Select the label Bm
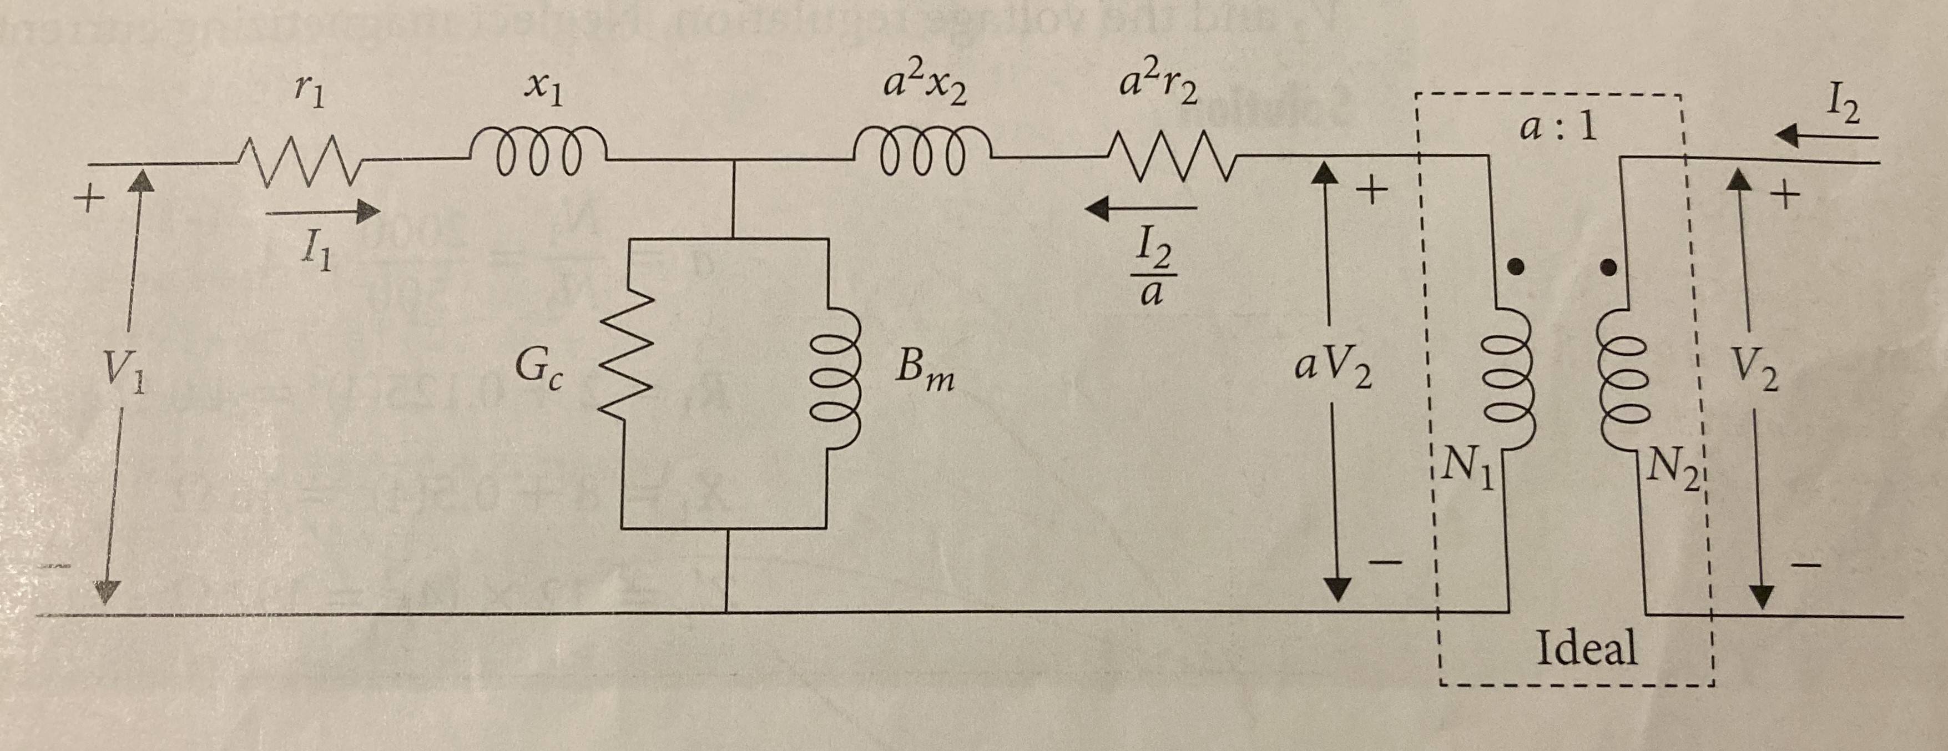[924, 372]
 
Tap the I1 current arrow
[323, 212]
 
